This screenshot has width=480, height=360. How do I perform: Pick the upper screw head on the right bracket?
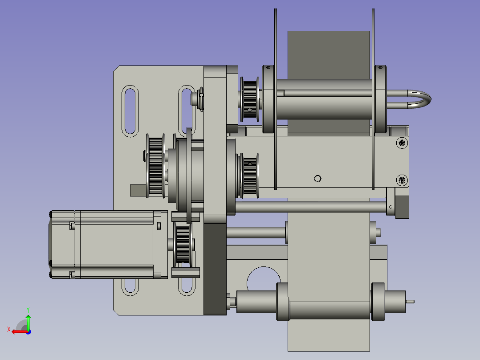[402, 143]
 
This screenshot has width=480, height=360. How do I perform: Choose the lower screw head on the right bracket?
[402, 180]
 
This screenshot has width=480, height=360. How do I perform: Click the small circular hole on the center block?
[318, 179]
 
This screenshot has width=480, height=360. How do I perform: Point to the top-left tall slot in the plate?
[130, 111]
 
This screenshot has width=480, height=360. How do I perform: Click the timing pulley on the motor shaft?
[183, 245]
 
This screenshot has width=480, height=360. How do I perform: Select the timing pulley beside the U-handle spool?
[250, 99]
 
